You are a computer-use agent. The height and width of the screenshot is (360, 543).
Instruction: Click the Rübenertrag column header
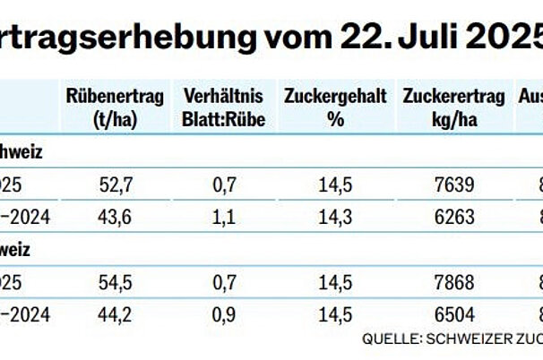tap(115, 107)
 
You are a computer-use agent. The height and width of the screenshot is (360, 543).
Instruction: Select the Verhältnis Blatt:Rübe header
tap(223, 107)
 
